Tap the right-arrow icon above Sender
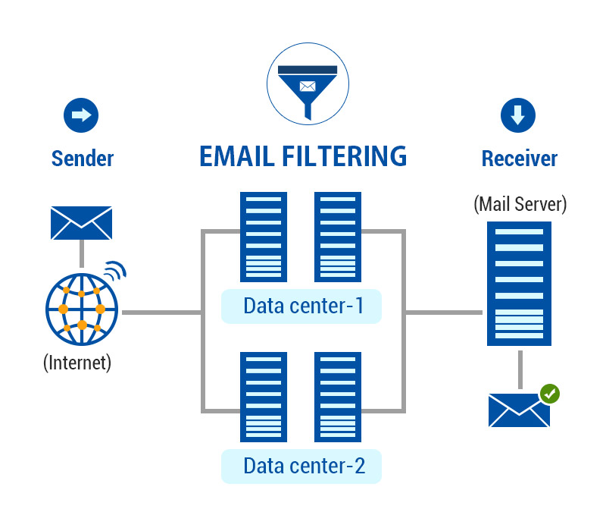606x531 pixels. [x=81, y=115]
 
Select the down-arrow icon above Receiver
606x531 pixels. [x=518, y=115]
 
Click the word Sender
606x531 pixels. [x=83, y=159]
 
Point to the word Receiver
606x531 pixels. [x=520, y=159]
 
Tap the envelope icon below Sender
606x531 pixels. [x=81, y=222]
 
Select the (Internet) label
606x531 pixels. [x=77, y=362]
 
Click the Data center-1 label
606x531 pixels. [x=303, y=306]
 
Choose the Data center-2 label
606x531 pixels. [x=303, y=466]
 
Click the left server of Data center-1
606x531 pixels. [x=264, y=237]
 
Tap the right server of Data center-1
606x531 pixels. [x=338, y=237]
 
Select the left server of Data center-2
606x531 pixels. [x=264, y=397]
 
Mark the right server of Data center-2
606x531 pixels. [x=338, y=397]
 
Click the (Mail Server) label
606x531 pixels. [x=520, y=203]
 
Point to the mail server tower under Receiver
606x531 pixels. [x=520, y=282]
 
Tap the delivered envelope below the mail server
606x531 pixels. [x=518, y=410]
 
